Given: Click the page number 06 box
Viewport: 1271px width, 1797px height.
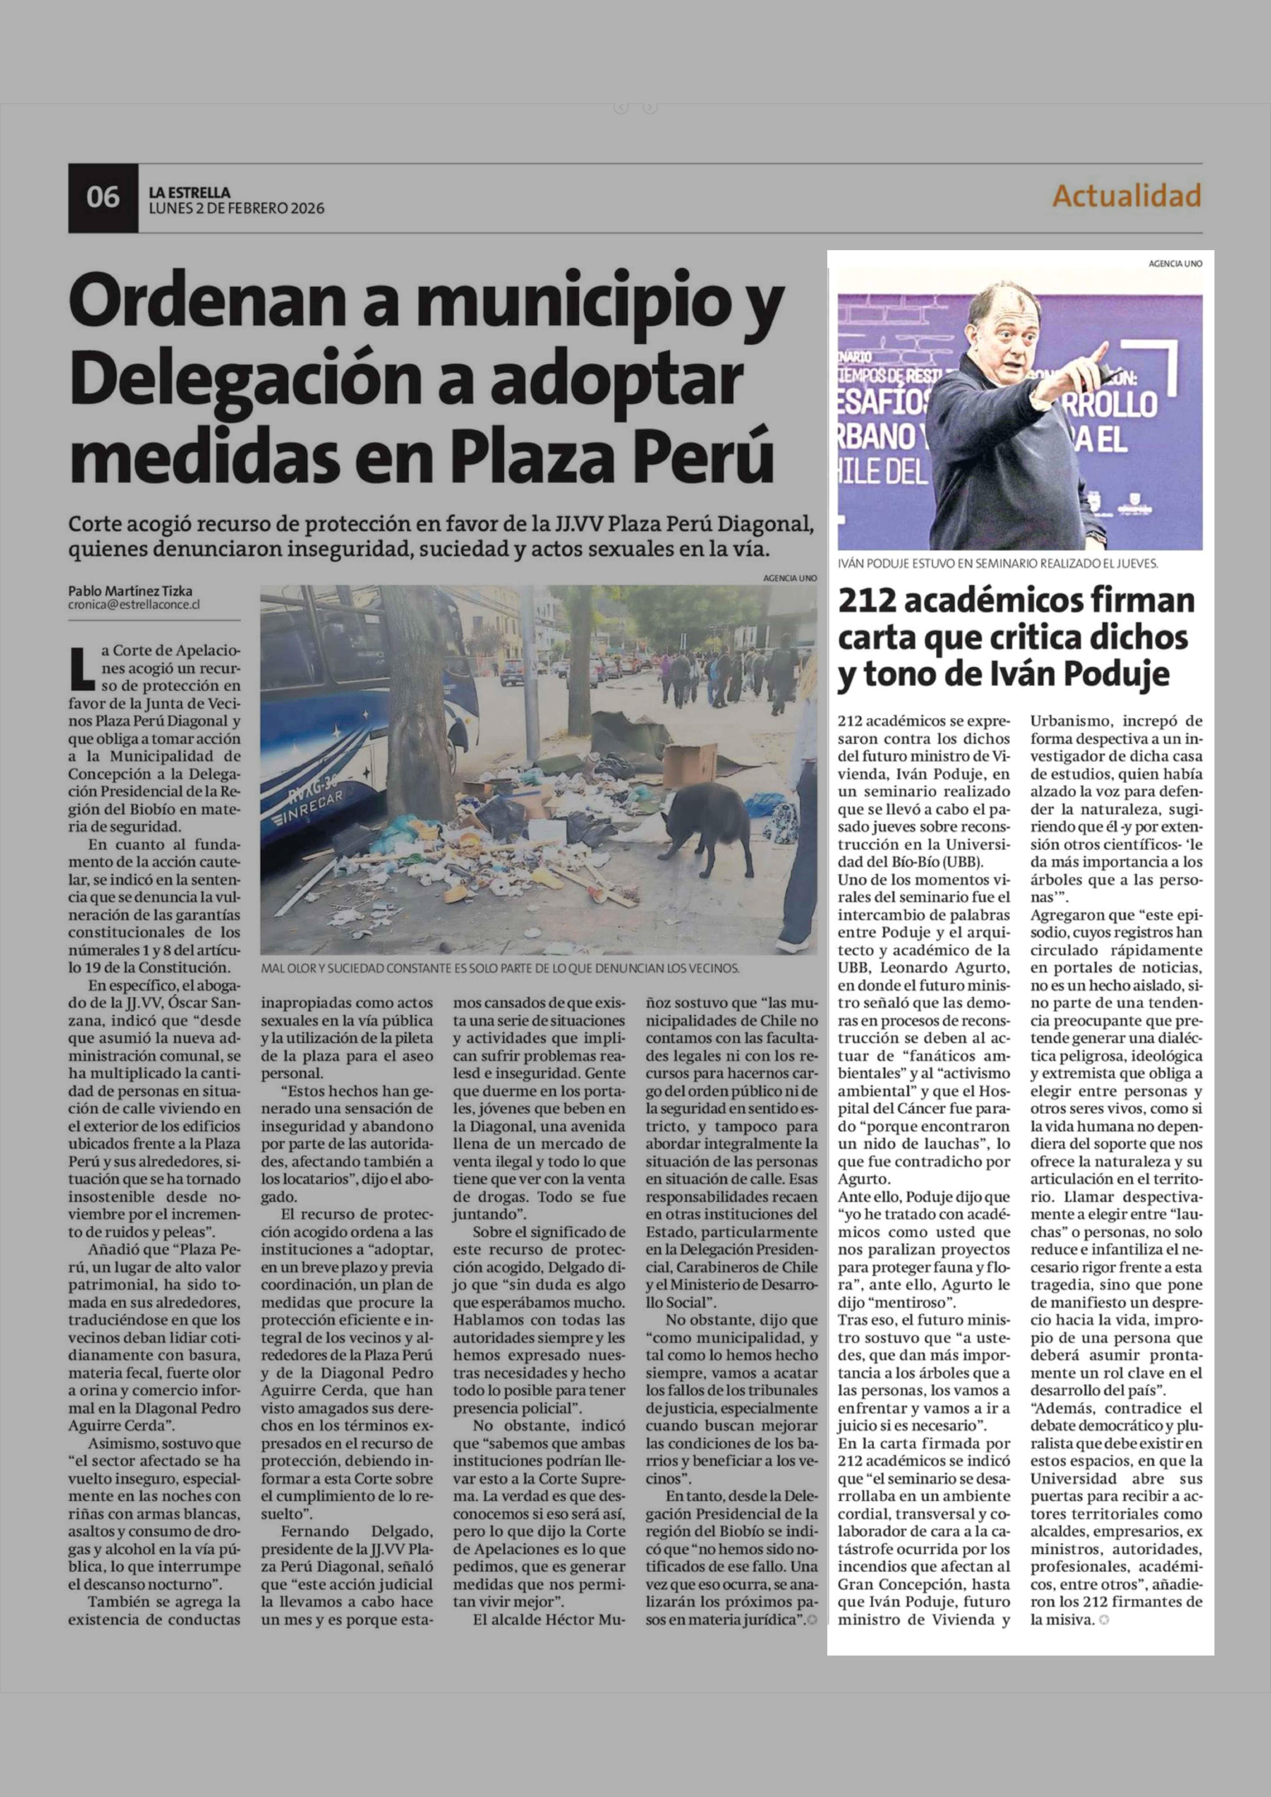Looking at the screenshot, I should click(103, 197).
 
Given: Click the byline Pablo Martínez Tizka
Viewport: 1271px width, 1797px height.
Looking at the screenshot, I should click(130, 591).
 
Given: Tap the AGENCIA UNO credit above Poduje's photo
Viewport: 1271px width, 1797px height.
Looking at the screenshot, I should click(1175, 264).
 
